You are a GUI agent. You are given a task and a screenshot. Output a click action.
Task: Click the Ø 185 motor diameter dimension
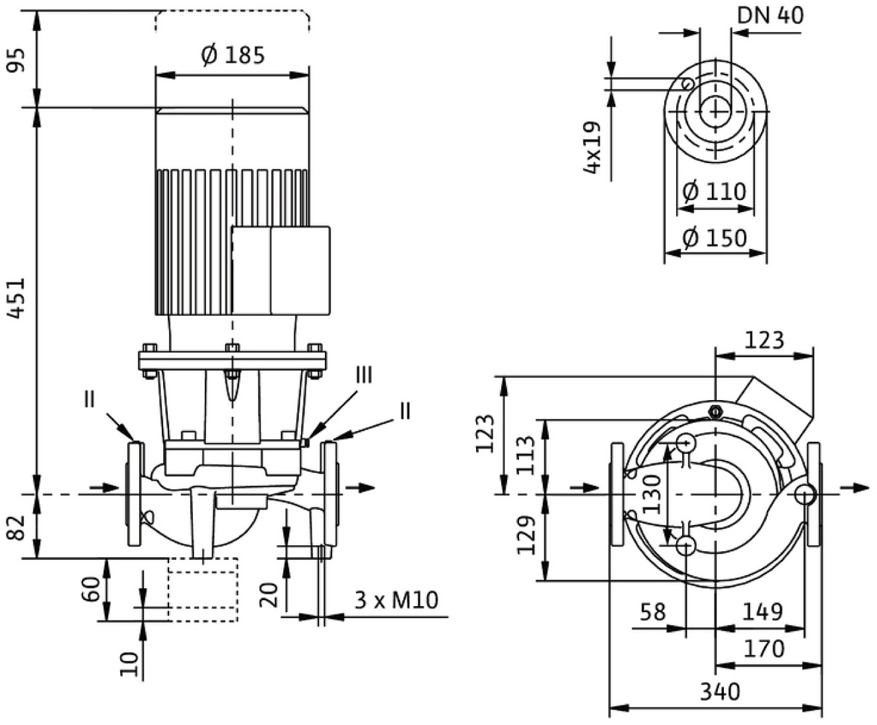tap(232, 56)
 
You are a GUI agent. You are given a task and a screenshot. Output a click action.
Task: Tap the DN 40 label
tap(770, 15)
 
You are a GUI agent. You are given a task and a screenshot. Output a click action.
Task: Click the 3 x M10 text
tap(396, 599)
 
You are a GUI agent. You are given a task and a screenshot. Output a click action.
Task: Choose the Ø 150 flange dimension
tap(714, 238)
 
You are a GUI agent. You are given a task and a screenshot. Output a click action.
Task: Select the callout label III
tap(363, 375)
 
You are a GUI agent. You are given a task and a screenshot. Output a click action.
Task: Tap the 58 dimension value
tap(652, 612)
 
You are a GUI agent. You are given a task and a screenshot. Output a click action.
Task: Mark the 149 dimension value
tap(763, 612)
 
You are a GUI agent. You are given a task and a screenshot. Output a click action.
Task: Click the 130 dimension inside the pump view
tap(651, 495)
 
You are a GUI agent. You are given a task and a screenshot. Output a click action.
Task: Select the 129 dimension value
tap(527, 535)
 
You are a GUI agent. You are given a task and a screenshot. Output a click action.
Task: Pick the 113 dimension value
tap(527, 456)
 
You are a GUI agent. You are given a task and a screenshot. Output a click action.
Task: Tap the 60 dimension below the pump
tap(95, 589)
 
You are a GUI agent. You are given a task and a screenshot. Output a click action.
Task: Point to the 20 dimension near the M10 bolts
tap(269, 595)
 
